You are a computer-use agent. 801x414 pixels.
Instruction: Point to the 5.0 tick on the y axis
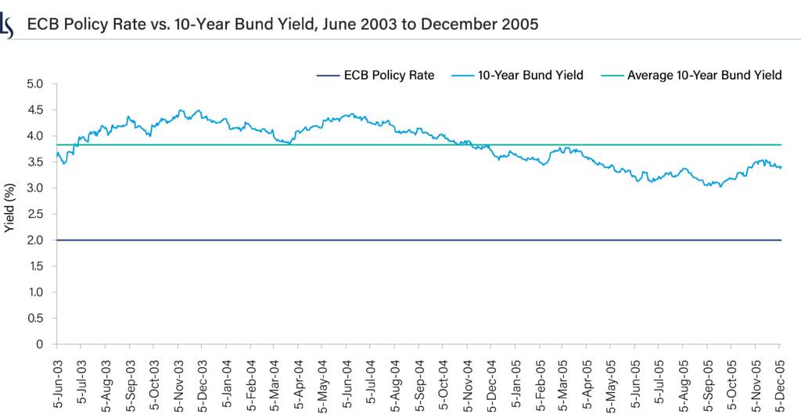[x=36, y=84]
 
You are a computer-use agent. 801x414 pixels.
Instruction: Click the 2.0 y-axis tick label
[x=36, y=240]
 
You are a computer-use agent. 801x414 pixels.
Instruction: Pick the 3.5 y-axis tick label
[x=36, y=188]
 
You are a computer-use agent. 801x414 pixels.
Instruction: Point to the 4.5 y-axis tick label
[x=36, y=110]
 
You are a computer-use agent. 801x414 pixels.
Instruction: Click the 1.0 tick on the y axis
[x=36, y=292]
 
